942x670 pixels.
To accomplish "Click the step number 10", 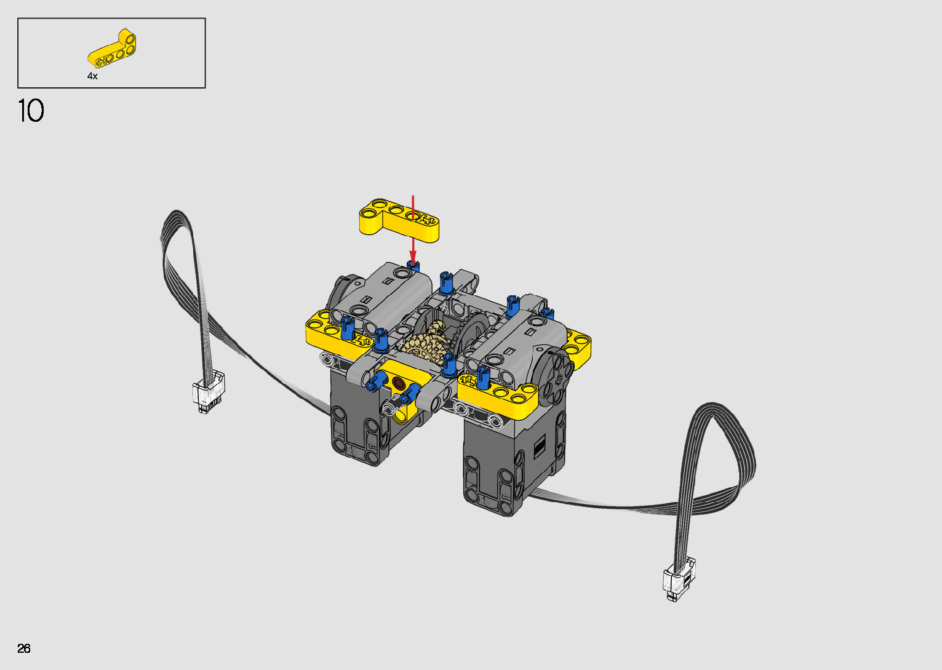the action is (31, 111).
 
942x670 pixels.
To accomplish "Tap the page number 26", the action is (24, 648).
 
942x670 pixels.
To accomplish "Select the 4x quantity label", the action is (92, 76).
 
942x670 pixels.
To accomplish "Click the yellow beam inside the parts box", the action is (112, 49).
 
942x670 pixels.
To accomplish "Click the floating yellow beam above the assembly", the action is (399, 220).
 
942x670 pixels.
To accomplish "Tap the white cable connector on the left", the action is (208, 391).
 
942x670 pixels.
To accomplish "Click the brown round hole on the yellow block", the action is (398, 383).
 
